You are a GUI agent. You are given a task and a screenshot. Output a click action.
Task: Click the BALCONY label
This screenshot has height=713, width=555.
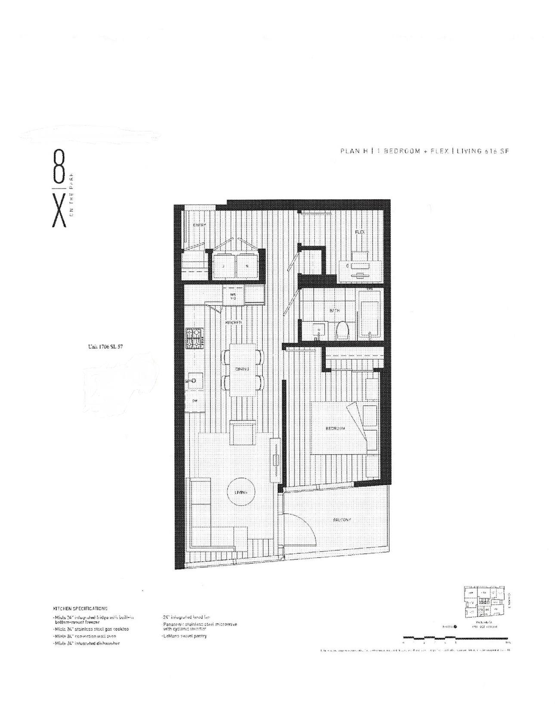342,520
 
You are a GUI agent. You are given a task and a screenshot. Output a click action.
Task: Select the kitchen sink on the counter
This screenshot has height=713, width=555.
193,381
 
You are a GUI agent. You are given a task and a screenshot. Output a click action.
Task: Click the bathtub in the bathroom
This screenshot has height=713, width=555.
370,319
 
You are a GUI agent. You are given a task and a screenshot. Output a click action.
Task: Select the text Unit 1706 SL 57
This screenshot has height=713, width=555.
105,346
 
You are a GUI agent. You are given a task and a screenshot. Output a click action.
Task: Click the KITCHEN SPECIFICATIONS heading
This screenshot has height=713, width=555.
80,608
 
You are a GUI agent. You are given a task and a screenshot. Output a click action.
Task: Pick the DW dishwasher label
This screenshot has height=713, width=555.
194,401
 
